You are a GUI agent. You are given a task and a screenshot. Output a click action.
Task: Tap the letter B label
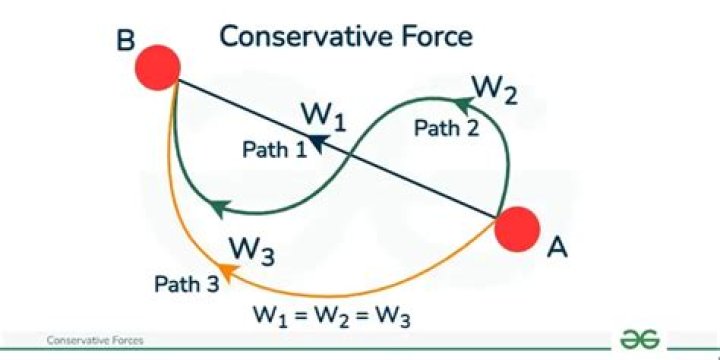click(x=126, y=42)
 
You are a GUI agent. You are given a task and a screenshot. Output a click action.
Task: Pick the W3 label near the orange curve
click(x=251, y=249)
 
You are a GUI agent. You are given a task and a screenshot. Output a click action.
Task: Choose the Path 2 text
click(x=444, y=127)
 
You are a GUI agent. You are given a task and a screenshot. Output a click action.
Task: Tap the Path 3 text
click(x=186, y=284)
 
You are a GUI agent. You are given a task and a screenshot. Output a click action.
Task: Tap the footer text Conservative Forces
click(x=95, y=341)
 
